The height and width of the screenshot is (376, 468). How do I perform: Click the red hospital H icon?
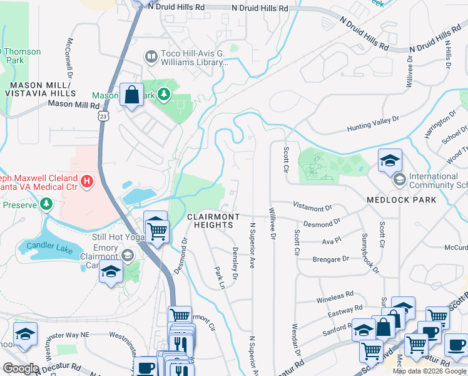[x=87, y=182]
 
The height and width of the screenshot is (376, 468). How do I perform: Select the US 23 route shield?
[x=103, y=116]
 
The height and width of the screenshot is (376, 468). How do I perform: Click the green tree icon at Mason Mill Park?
[x=164, y=95]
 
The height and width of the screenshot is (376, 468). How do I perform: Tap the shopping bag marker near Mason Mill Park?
[x=131, y=95]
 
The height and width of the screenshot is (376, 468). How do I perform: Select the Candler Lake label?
[x=46, y=241]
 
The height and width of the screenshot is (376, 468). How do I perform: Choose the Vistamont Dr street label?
[x=310, y=206]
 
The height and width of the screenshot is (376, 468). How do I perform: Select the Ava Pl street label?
[x=330, y=241]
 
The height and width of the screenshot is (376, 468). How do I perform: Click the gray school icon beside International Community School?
[x=399, y=180]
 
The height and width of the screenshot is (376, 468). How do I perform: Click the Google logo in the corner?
[x=21, y=368]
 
